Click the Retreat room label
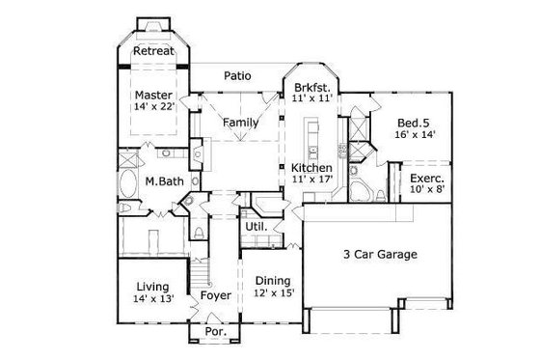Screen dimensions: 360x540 153,51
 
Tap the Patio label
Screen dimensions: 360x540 238,74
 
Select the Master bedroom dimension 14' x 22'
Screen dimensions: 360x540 153,109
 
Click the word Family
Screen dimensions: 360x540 240,124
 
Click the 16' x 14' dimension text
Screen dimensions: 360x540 416,136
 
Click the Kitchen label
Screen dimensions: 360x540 312,168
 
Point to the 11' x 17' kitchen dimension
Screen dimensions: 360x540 312,180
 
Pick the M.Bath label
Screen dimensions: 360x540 165,180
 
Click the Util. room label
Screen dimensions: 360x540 256,226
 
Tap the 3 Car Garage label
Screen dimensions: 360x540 380,255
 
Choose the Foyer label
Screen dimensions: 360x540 215,295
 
